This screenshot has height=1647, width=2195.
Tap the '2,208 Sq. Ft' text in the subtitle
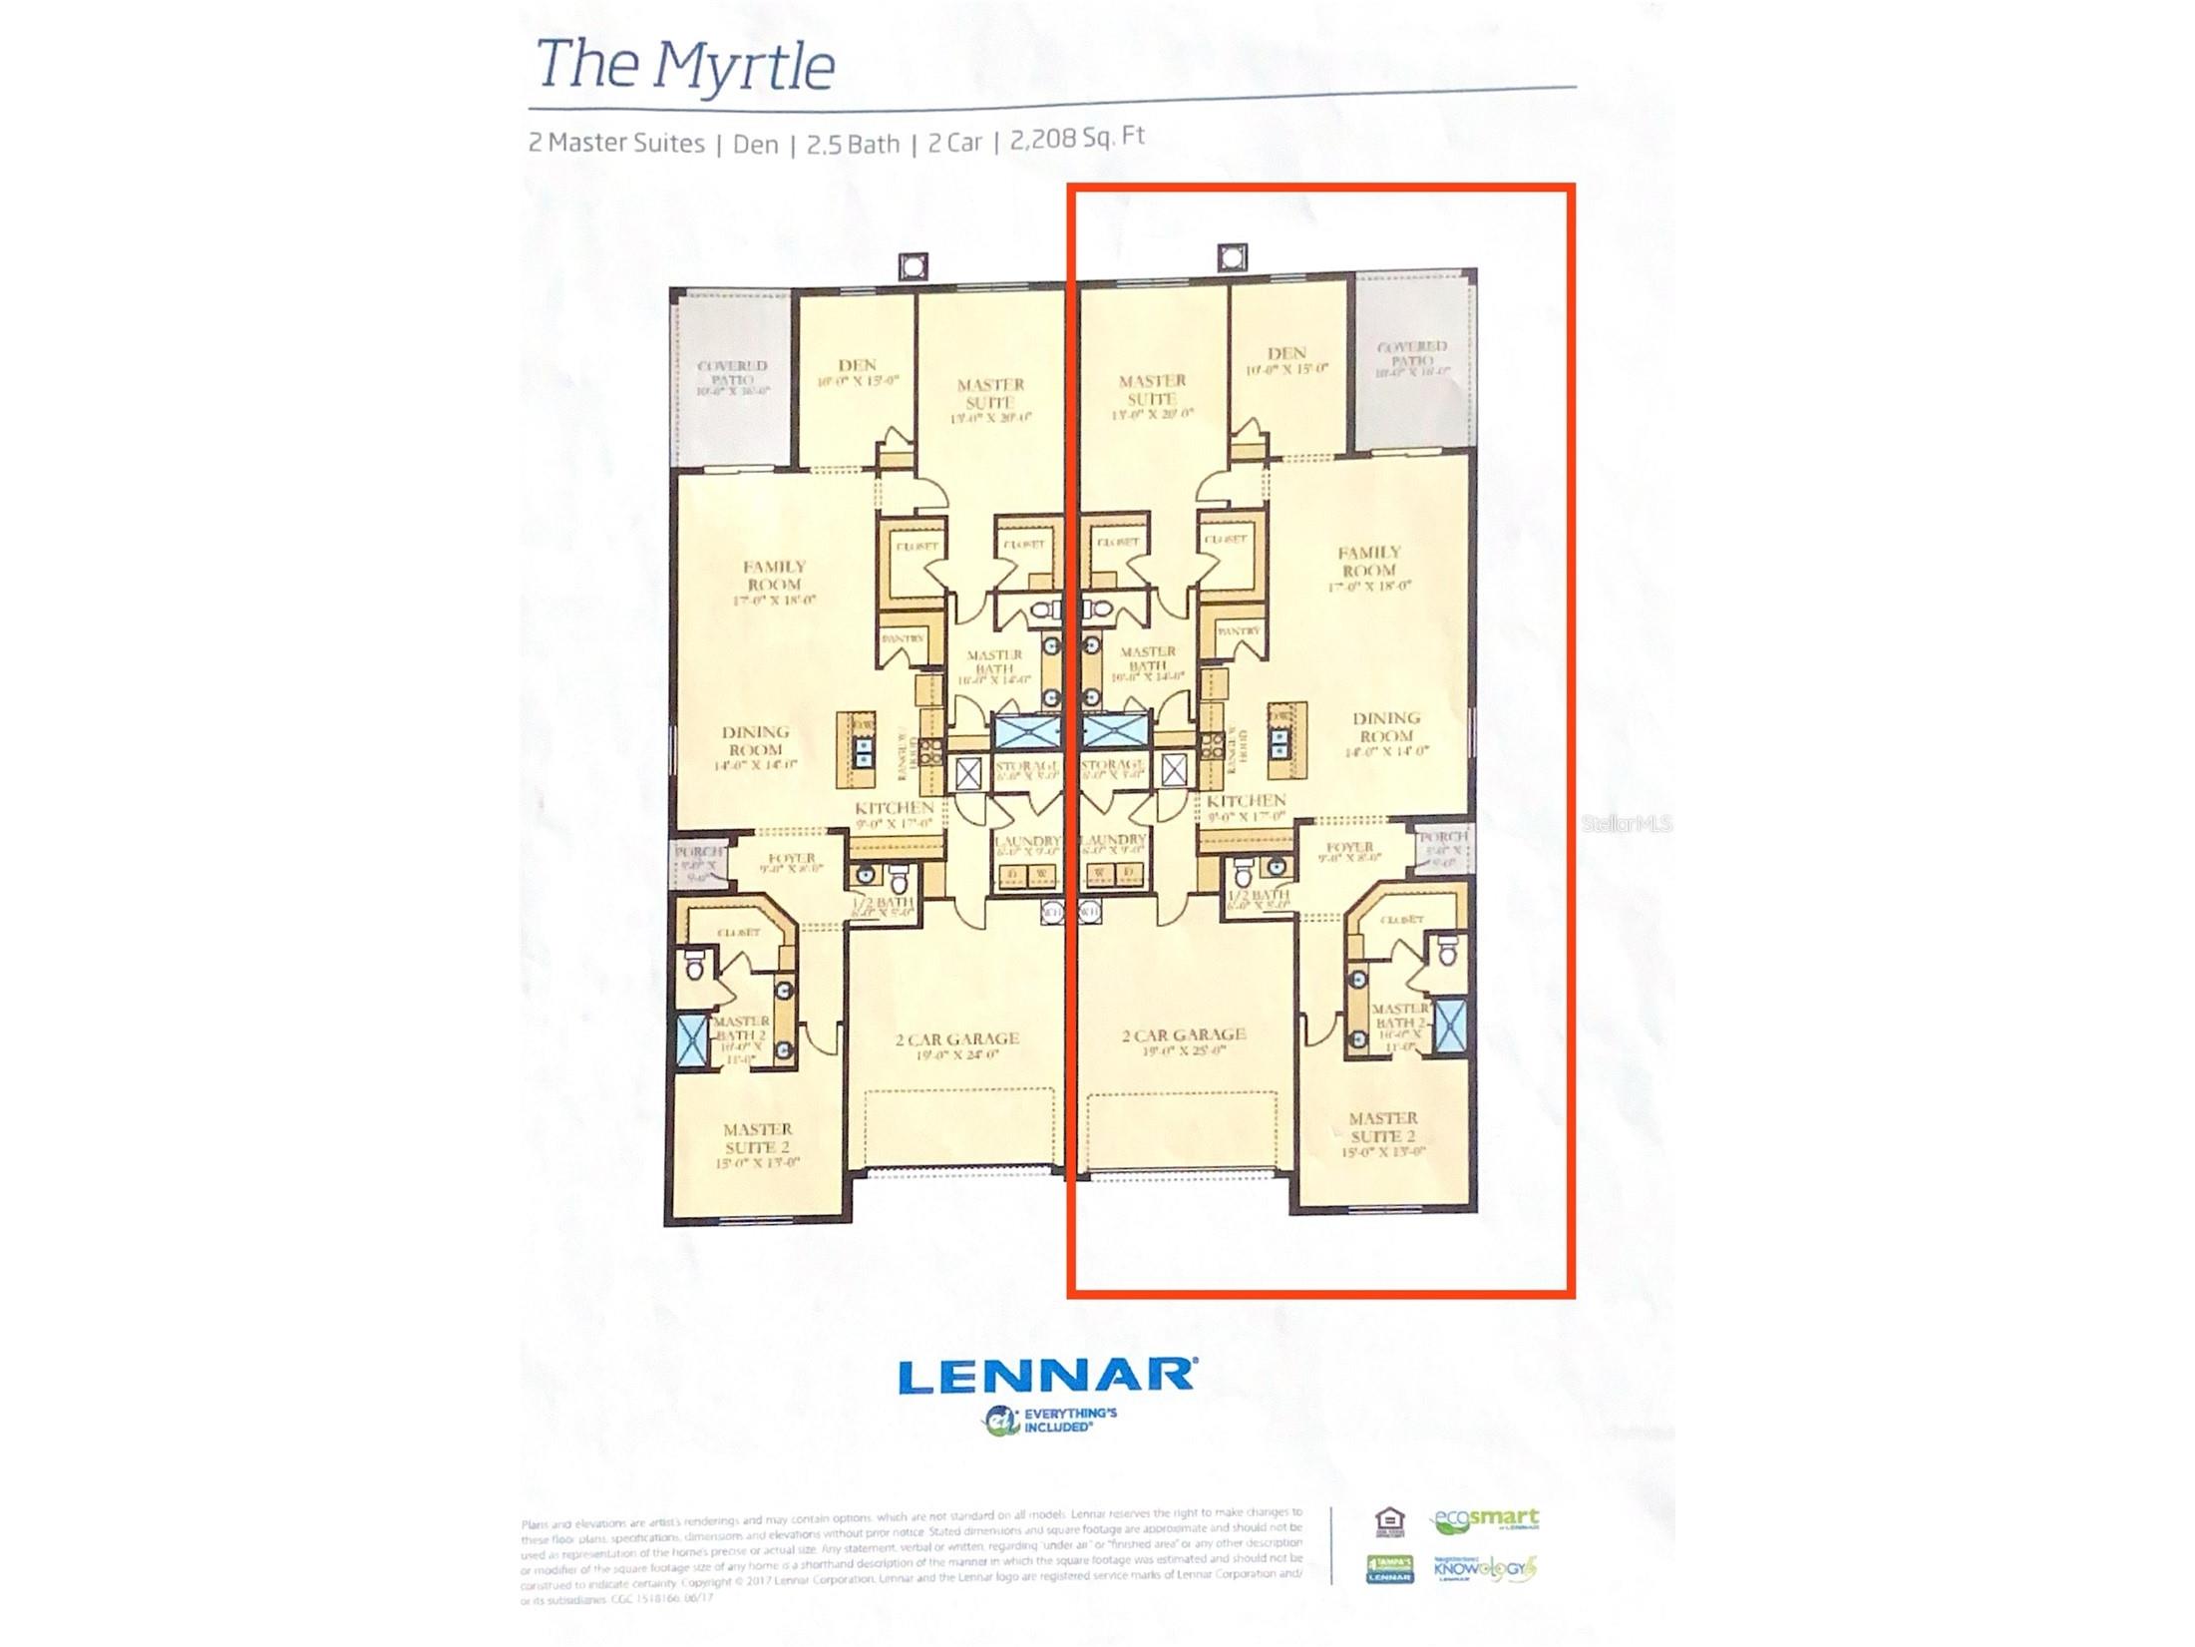(1077, 138)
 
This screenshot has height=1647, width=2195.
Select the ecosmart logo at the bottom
(1485, 1520)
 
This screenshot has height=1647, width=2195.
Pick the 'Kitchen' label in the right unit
(1246, 801)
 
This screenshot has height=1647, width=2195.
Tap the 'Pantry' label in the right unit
(1238, 631)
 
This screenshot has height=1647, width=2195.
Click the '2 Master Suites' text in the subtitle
(616, 143)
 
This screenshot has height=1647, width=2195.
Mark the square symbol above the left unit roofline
(913, 266)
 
